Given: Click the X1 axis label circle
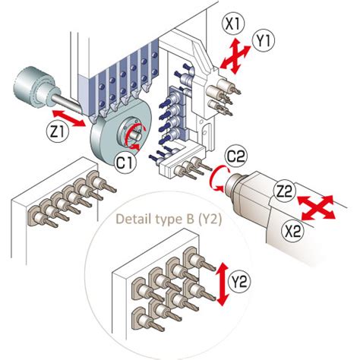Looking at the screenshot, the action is (232, 24).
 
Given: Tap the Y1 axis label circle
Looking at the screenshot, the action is (264, 40).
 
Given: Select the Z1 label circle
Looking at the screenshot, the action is (58, 131).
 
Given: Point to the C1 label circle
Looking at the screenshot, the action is (126, 163).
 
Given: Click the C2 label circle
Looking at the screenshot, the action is (236, 156).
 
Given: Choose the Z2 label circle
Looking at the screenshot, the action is (285, 192).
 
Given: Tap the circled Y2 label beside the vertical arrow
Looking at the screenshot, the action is (239, 281).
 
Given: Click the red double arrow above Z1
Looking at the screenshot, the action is (69, 118).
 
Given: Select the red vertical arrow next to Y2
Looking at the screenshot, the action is (222, 284).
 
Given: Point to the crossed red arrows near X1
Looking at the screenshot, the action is (235, 56).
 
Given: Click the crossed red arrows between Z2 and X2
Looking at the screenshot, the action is (316, 207).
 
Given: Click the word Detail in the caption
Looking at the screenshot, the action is (131, 219).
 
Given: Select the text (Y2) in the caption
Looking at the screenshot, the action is (210, 219).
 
